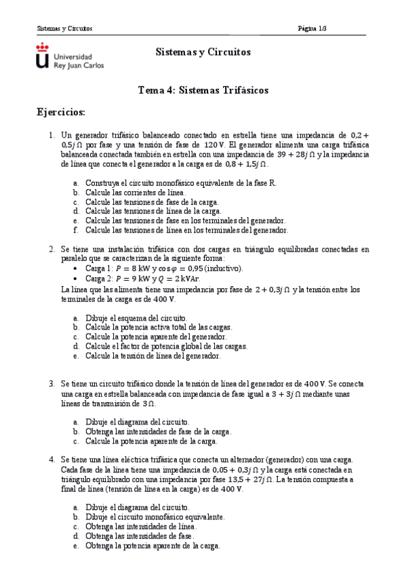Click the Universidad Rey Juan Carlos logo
click(x=69, y=56)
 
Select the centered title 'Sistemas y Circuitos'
click(x=203, y=52)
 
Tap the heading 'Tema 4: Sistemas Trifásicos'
click(x=203, y=90)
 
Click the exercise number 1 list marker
click(x=52, y=135)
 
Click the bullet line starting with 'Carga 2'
click(x=142, y=278)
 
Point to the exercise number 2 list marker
click(x=52, y=249)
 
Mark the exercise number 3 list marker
click(x=52, y=383)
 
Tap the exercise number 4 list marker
click(x=52, y=459)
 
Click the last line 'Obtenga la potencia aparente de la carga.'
click(x=153, y=545)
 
